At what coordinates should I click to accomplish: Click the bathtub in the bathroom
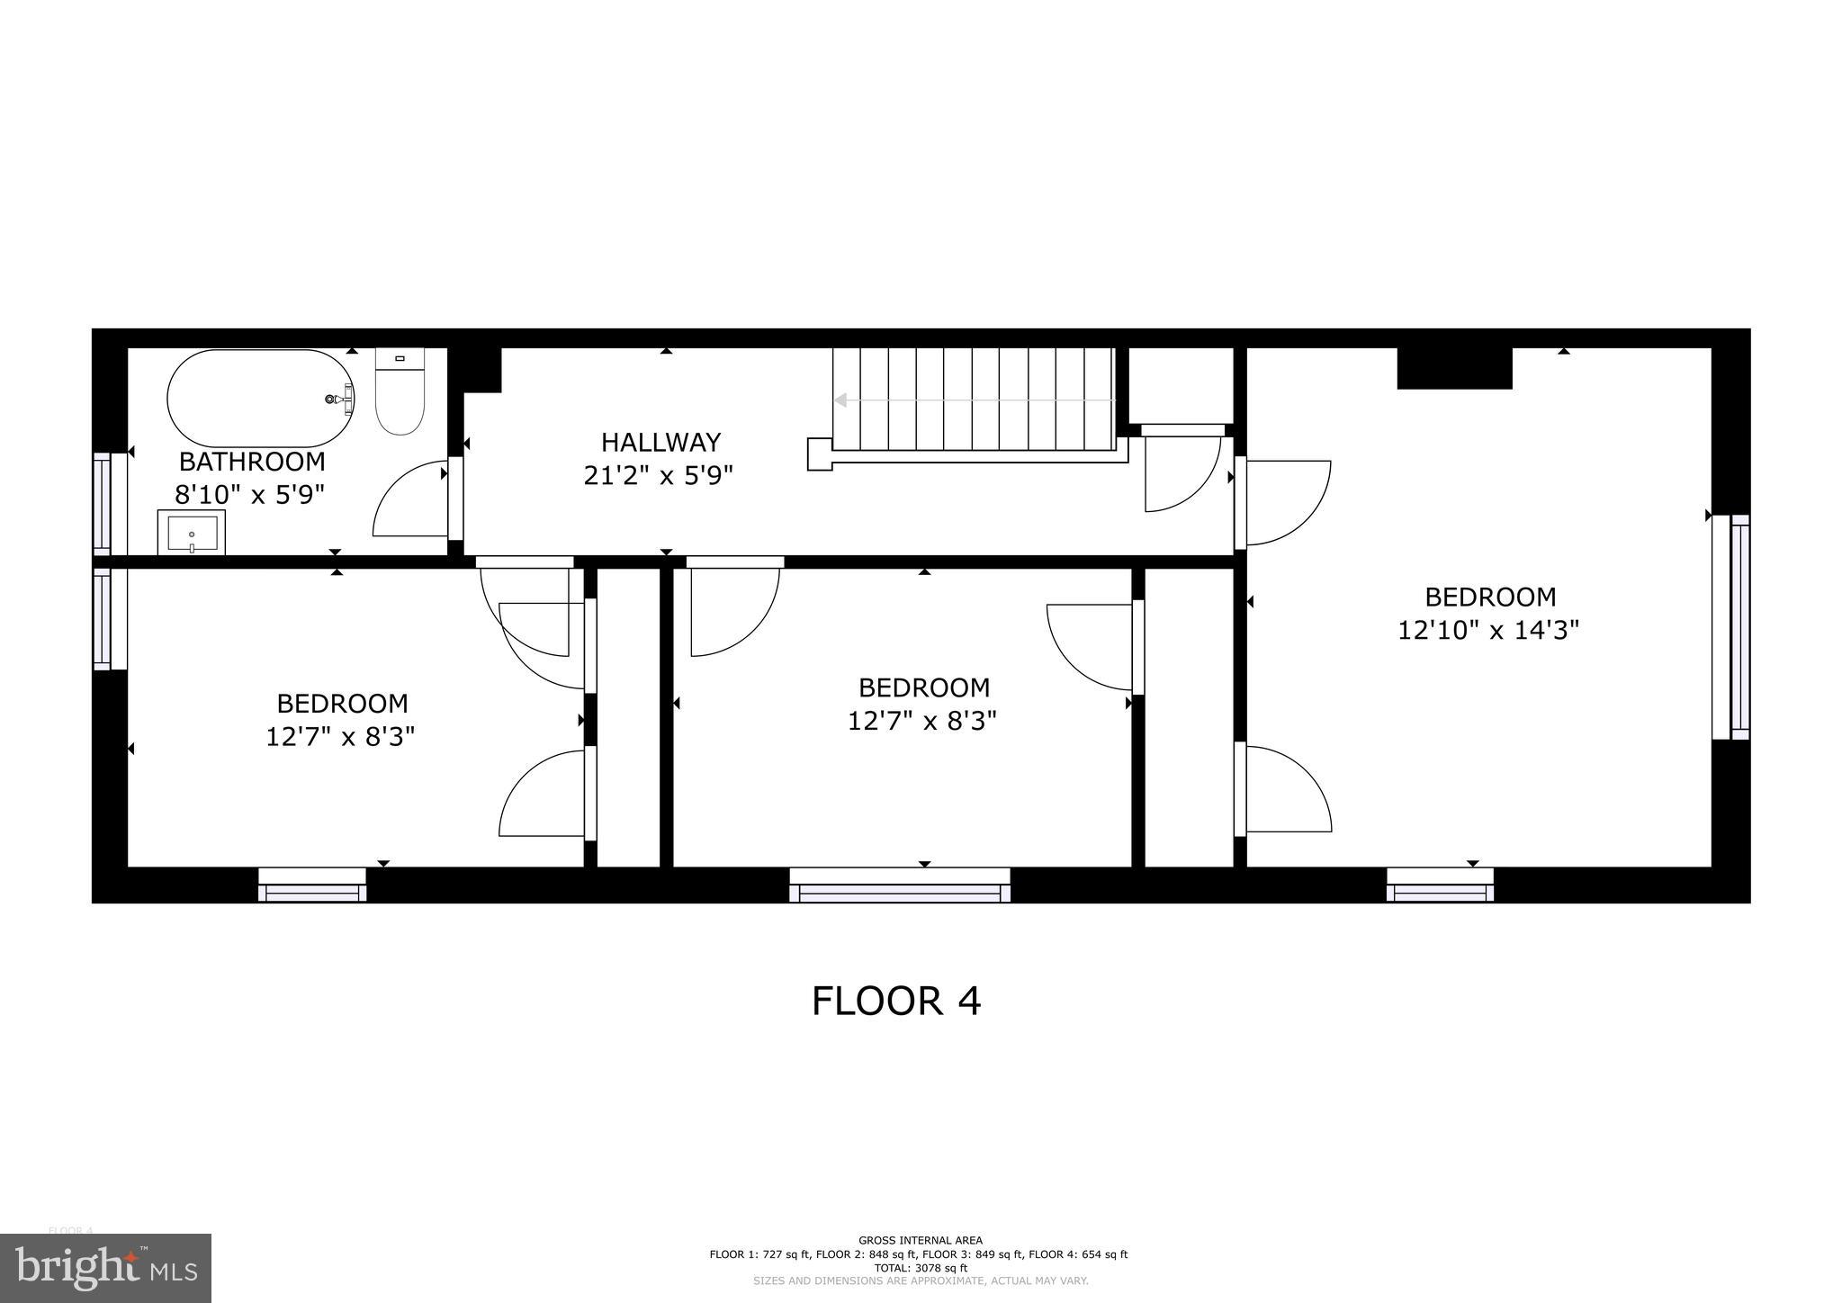[x=260, y=398]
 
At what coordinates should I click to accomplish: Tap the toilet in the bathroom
[x=400, y=394]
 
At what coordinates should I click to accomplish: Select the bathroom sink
[x=192, y=533]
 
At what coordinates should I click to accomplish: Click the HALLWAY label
[x=660, y=442]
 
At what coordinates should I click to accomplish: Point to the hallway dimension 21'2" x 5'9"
[x=659, y=475]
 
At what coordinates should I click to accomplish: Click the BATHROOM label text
[x=252, y=462]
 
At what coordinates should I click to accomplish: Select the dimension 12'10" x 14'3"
[x=1488, y=630]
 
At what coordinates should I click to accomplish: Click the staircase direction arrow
[x=842, y=400]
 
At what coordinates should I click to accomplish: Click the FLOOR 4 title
[x=895, y=1001]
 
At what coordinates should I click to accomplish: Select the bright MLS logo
[x=106, y=1268]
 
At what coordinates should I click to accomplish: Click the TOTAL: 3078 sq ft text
[x=919, y=1267]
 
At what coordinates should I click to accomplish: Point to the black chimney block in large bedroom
[x=1454, y=368]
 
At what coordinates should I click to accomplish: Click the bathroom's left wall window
[x=103, y=503]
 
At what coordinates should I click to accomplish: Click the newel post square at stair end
[x=819, y=454]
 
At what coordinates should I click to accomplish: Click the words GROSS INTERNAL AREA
[x=920, y=1240]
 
